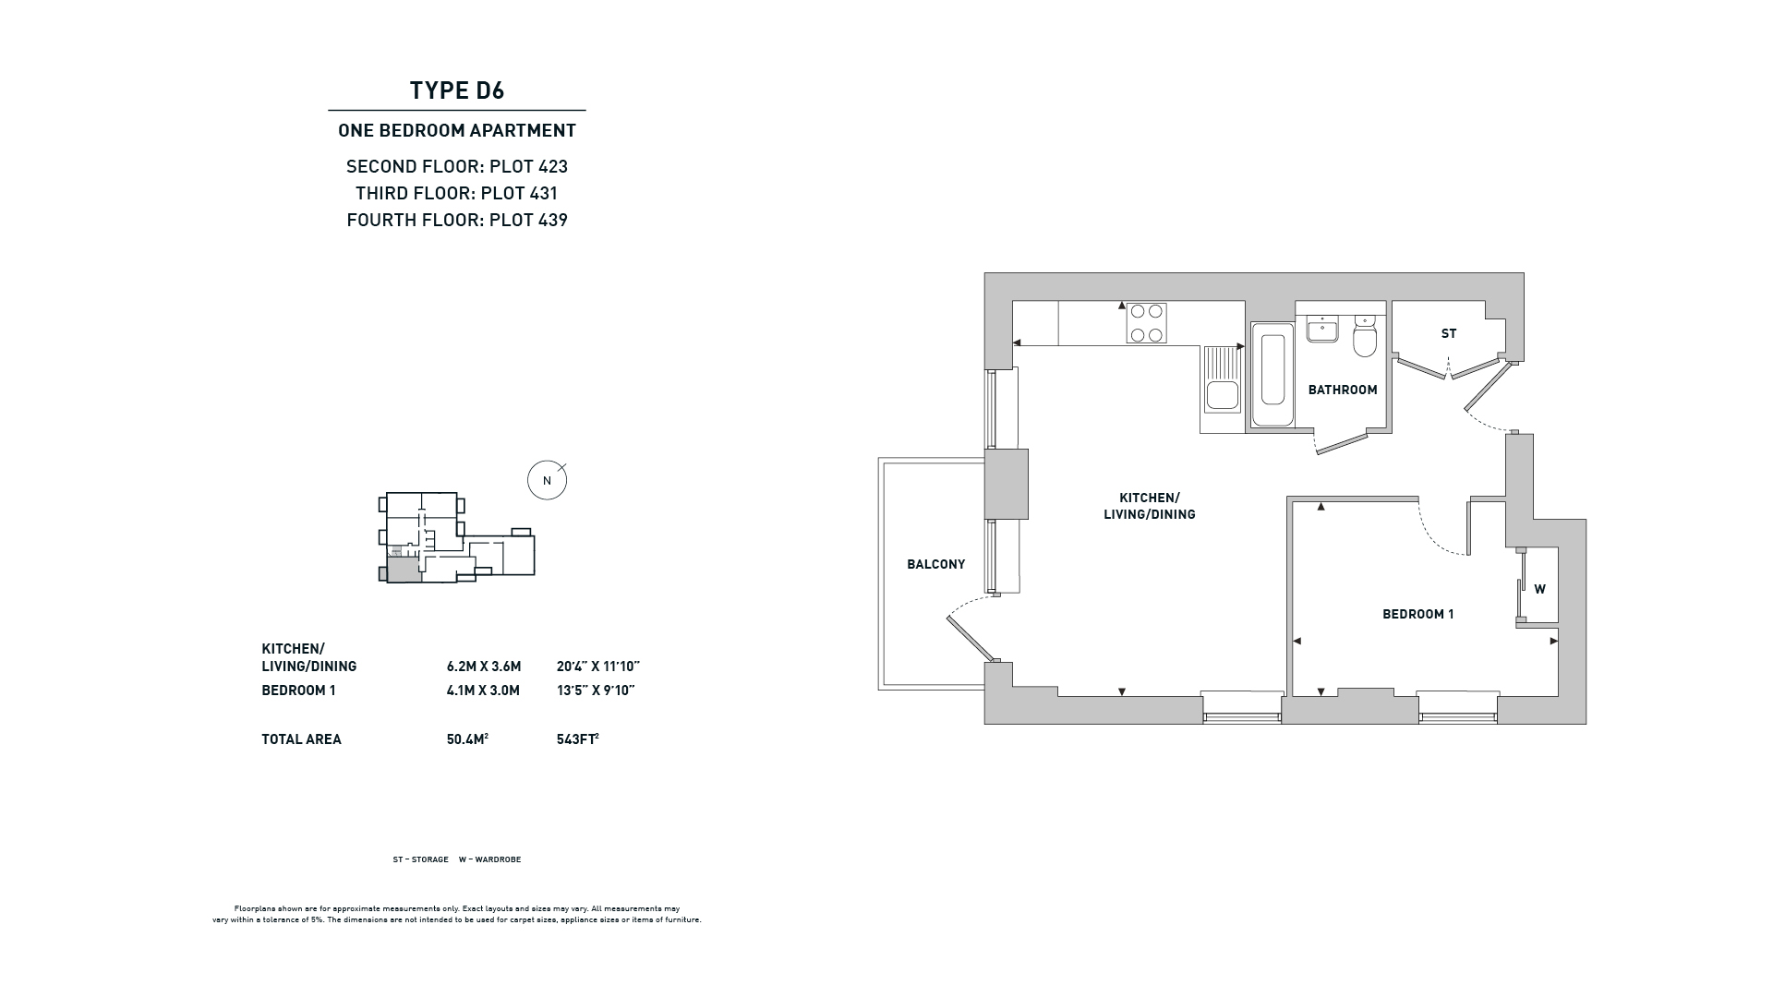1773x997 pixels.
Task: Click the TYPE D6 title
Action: tap(457, 90)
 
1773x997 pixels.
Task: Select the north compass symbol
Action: tap(548, 480)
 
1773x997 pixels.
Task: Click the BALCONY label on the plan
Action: tap(935, 564)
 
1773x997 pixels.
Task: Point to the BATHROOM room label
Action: tap(1343, 390)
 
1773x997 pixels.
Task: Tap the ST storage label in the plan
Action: tap(1449, 333)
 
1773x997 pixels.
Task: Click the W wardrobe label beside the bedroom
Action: tap(1539, 589)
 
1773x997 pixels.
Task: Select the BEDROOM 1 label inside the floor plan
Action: tap(1417, 614)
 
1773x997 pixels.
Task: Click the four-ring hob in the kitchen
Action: tap(1146, 323)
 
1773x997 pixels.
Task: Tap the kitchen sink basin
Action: tap(1222, 395)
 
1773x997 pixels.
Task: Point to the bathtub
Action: tap(1272, 374)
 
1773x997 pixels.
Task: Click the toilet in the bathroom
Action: tap(1365, 336)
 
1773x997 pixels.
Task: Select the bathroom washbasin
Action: tap(1323, 329)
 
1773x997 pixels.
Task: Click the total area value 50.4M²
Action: tap(467, 739)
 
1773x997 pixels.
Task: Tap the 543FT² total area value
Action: tap(578, 739)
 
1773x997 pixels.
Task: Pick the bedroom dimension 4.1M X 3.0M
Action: tap(483, 691)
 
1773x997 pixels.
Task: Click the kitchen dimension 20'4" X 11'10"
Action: tap(598, 667)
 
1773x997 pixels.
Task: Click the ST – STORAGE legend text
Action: tap(420, 859)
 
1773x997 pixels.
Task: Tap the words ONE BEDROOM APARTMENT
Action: tap(457, 130)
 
